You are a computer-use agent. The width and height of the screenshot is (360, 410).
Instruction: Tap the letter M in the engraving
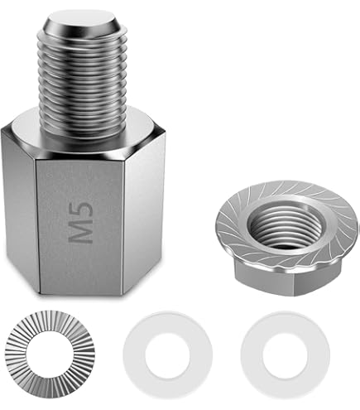[80, 232]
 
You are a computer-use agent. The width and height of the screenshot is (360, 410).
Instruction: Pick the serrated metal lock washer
[50, 355]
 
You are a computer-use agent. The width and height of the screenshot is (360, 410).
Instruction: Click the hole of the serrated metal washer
[50, 355]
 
